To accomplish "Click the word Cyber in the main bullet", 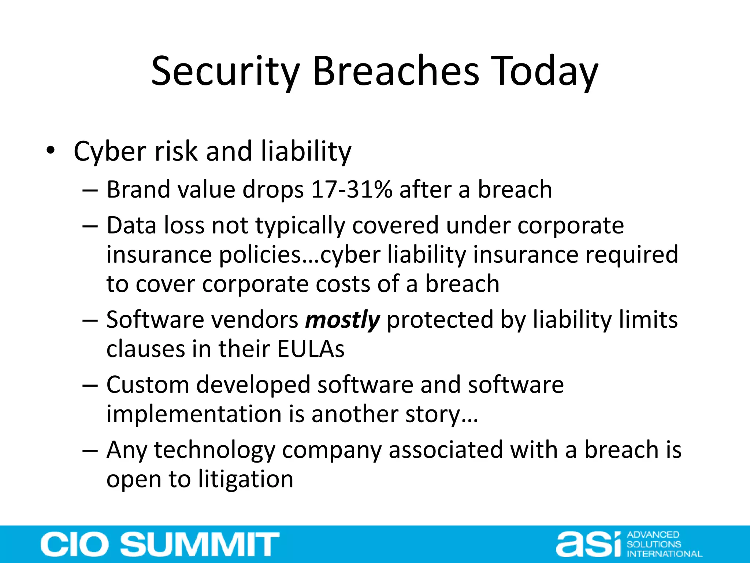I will [x=110, y=151].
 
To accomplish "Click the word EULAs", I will [x=311, y=349].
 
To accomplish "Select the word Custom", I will [x=147, y=385].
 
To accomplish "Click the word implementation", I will [x=194, y=414].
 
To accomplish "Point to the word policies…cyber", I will [x=300, y=255].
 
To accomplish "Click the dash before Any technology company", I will [x=90, y=450].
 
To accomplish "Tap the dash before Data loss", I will [x=90, y=226].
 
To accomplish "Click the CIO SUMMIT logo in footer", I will [x=160, y=544].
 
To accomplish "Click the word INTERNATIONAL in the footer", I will [x=664, y=554].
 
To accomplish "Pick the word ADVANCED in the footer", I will [x=653, y=535].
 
